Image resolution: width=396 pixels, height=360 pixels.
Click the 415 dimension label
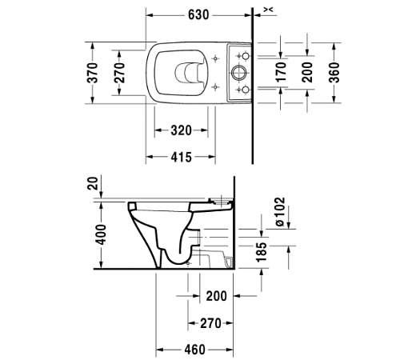[x=180, y=158]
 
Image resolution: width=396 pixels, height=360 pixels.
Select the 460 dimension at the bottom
[x=194, y=350]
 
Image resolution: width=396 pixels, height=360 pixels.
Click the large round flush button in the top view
[x=238, y=71]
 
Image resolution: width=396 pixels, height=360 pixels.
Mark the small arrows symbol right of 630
[x=268, y=9]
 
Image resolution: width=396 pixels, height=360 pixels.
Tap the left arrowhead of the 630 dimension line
[x=150, y=14]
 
